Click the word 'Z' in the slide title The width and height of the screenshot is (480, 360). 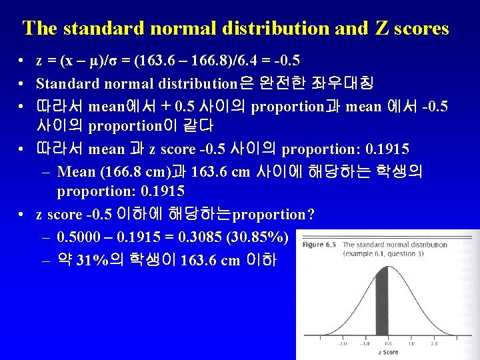point(382,29)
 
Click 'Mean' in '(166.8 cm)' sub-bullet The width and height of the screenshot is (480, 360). point(77,171)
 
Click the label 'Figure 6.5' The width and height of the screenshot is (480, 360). point(319,245)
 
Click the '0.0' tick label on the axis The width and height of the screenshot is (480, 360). point(387,344)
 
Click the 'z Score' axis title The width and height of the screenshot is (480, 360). point(387,352)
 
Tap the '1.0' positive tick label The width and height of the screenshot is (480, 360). point(411,344)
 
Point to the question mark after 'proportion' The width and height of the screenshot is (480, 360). point(310,215)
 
